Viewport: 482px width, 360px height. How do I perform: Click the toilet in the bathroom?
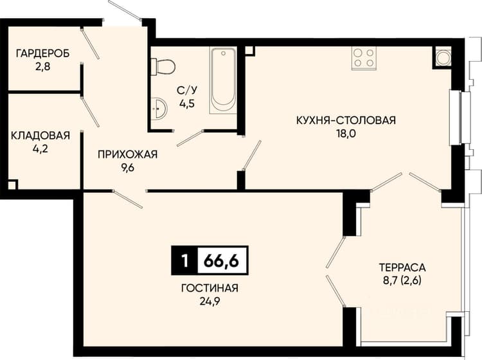pos(163,66)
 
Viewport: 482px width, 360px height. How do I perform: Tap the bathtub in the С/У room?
pos(223,80)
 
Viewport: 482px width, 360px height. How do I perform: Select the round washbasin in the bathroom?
pos(159,108)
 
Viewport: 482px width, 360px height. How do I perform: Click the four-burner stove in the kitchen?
pos(364,58)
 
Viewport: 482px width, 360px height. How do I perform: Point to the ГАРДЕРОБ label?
pos(42,53)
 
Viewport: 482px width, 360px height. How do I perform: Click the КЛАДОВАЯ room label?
pos(40,135)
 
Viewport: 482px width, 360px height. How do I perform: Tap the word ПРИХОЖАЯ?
pos(128,154)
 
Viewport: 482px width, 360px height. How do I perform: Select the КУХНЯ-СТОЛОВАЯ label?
pos(346,120)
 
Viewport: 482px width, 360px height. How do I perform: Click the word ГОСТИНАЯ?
pos(210,288)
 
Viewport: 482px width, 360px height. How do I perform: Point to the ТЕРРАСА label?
pos(402,267)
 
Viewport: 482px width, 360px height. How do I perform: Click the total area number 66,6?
pos(221,261)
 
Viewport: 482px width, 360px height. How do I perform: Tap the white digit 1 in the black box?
pos(184,261)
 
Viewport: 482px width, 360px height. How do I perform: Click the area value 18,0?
pos(346,134)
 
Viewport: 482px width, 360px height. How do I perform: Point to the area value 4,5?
pos(187,104)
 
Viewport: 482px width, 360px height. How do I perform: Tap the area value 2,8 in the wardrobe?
pos(42,66)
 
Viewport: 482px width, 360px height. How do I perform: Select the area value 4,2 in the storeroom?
pos(40,148)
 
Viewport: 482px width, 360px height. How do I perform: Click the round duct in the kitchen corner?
pos(443,58)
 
